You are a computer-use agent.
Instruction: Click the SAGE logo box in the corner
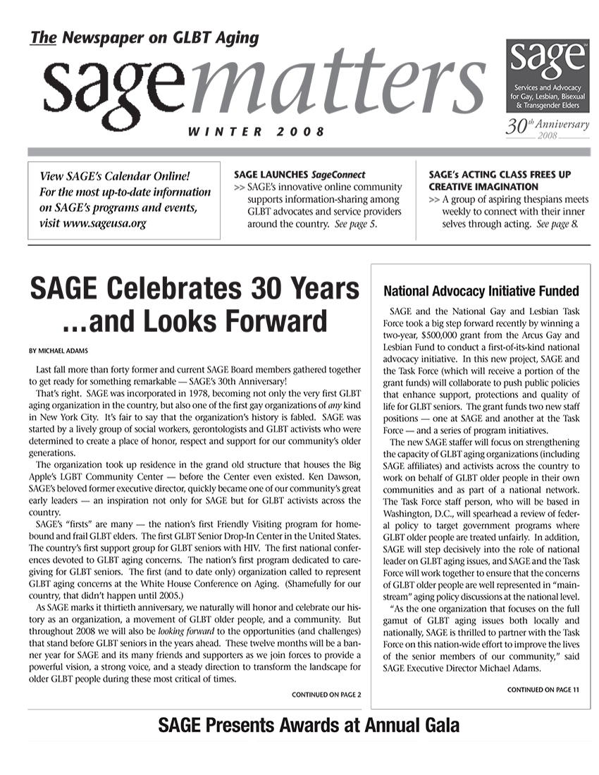[548, 75]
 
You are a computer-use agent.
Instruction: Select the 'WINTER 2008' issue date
[256, 132]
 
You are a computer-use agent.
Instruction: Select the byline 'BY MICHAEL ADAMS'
[58, 350]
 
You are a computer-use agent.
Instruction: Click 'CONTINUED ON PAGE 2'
[326, 695]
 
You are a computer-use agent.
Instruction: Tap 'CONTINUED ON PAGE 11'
[543, 690]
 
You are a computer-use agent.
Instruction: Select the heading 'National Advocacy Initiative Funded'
[481, 291]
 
